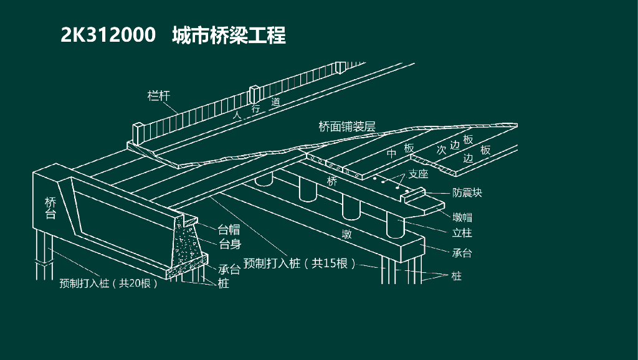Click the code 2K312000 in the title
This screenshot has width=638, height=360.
pos(108,36)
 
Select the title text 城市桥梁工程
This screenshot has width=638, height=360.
pos(229,36)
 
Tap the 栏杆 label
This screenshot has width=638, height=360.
pos(158,96)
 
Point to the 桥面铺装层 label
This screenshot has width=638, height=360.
pos(347,127)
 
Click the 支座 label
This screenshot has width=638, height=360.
pos(418,174)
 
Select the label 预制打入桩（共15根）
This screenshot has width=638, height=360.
pos(300,263)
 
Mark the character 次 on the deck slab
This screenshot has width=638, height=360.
pos(441,150)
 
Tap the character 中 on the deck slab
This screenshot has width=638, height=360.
pos(392,153)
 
